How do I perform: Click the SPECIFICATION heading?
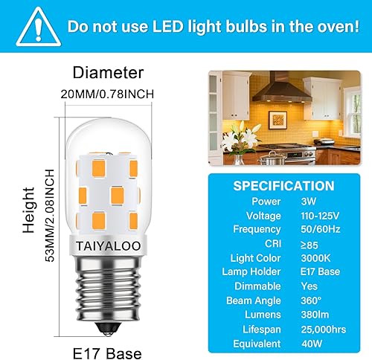click(x=283, y=186)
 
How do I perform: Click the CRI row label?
click(x=271, y=243)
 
